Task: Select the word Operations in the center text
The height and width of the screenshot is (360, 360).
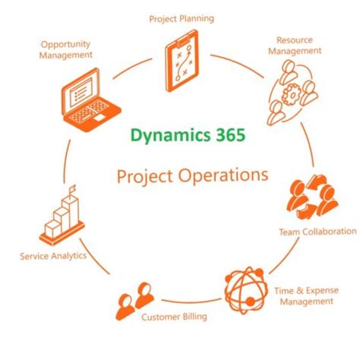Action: click(x=228, y=176)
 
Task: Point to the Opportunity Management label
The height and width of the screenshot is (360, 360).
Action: click(x=67, y=49)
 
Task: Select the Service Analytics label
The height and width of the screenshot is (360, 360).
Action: click(x=52, y=256)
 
